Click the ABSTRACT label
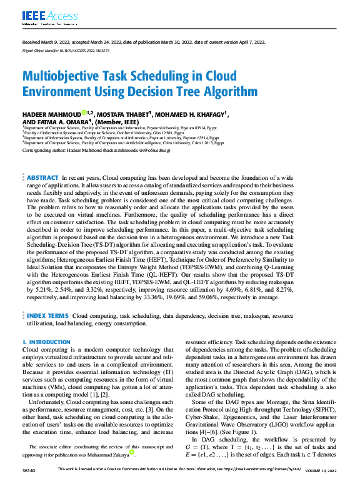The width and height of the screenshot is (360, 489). (x=43, y=178)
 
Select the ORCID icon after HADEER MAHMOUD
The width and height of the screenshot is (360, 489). (x=84, y=113)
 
